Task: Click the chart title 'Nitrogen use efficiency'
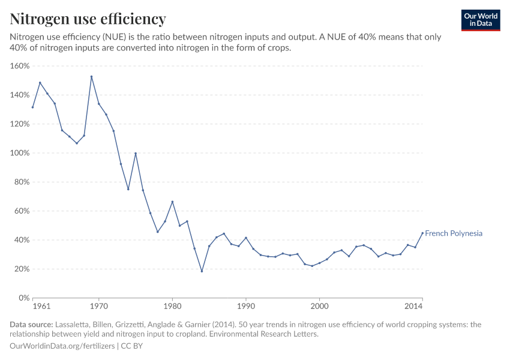(88, 19)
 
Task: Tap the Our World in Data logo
(480, 20)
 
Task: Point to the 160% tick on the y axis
(20, 66)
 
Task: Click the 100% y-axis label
(20, 153)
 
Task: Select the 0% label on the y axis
(24, 298)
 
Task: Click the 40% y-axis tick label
(22, 240)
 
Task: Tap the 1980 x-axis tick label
(172, 307)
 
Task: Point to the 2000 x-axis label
(319, 307)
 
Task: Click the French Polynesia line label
(454, 233)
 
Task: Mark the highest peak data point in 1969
(91, 77)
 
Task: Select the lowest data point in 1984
(202, 271)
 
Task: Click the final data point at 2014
(422, 233)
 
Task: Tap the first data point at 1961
(33, 107)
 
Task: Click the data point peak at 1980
(172, 202)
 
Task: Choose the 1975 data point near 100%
(136, 153)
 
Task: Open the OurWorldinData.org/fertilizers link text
(63, 346)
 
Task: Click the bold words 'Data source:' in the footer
(30, 325)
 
